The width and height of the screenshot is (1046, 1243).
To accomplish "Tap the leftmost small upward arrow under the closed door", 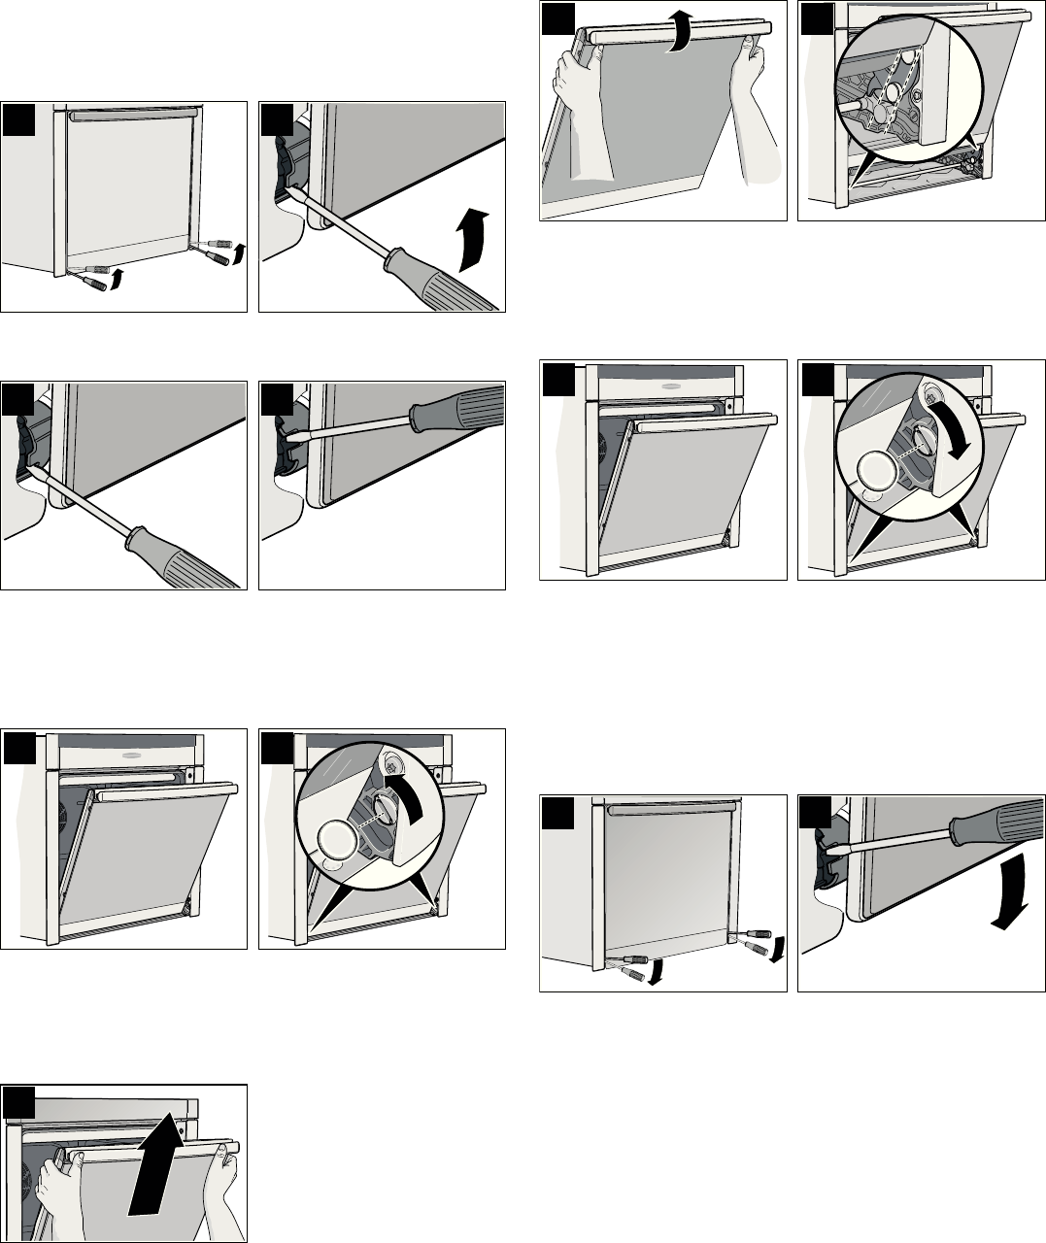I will point(118,282).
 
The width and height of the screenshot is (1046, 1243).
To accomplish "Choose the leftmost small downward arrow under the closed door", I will point(656,971).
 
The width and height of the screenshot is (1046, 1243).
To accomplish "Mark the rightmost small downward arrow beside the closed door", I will point(776,951).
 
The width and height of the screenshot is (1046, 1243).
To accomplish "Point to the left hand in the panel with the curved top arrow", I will point(564,117).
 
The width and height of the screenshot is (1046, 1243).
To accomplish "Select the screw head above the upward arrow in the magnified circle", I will point(392,765).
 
